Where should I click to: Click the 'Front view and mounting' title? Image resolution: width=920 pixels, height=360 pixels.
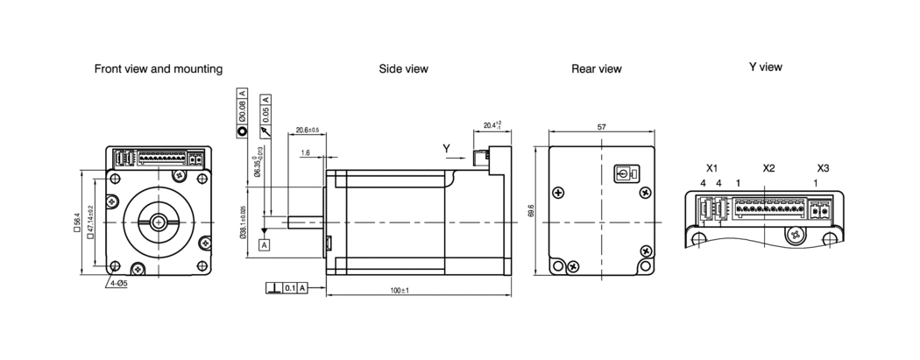pyautogui.click(x=159, y=69)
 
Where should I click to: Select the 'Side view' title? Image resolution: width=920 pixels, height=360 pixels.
pyautogui.click(x=404, y=69)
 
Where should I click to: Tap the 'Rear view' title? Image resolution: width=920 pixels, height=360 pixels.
pyautogui.click(x=596, y=69)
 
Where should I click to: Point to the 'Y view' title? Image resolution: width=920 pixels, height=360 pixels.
pyautogui.click(x=766, y=67)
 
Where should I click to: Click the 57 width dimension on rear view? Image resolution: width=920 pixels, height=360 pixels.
pyautogui.click(x=601, y=126)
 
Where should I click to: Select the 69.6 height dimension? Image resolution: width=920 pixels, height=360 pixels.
pyautogui.click(x=531, y=211)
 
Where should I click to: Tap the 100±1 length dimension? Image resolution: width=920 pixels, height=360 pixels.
pyautogui.click(x=418, y=290)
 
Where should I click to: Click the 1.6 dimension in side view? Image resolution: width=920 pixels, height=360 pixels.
pyautogui.click(x=305, y=153)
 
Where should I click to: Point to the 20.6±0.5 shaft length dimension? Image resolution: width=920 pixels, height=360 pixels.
pyautogui.click(x=307, y=130)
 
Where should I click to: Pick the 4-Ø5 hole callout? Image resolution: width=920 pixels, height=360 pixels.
pyautogui.click(x=118, y=284)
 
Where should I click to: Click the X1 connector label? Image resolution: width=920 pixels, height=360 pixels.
pyautogui.click(x=711, y=168)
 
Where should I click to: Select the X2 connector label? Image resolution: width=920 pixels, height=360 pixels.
pyautogui.click(x=768, y=168)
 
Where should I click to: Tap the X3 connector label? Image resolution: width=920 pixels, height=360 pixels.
pyautogui.click(x=824, y=168)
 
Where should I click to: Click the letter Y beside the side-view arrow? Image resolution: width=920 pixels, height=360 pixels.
pyautogui.click(x=447, y=149)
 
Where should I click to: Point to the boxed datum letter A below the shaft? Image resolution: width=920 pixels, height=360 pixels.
pyautogui.click(x=264, y=245)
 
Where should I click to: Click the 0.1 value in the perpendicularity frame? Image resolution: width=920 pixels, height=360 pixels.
pyautogui.click(x=290, y=288)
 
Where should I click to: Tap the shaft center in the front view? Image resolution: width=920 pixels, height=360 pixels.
pyautogui.click(x=159, y=222)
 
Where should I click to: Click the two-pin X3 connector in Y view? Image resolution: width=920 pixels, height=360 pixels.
pyautogui.click(x=821, y=209)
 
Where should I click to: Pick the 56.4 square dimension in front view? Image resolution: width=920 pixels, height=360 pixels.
pyautogui.click(x=77, y=222)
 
